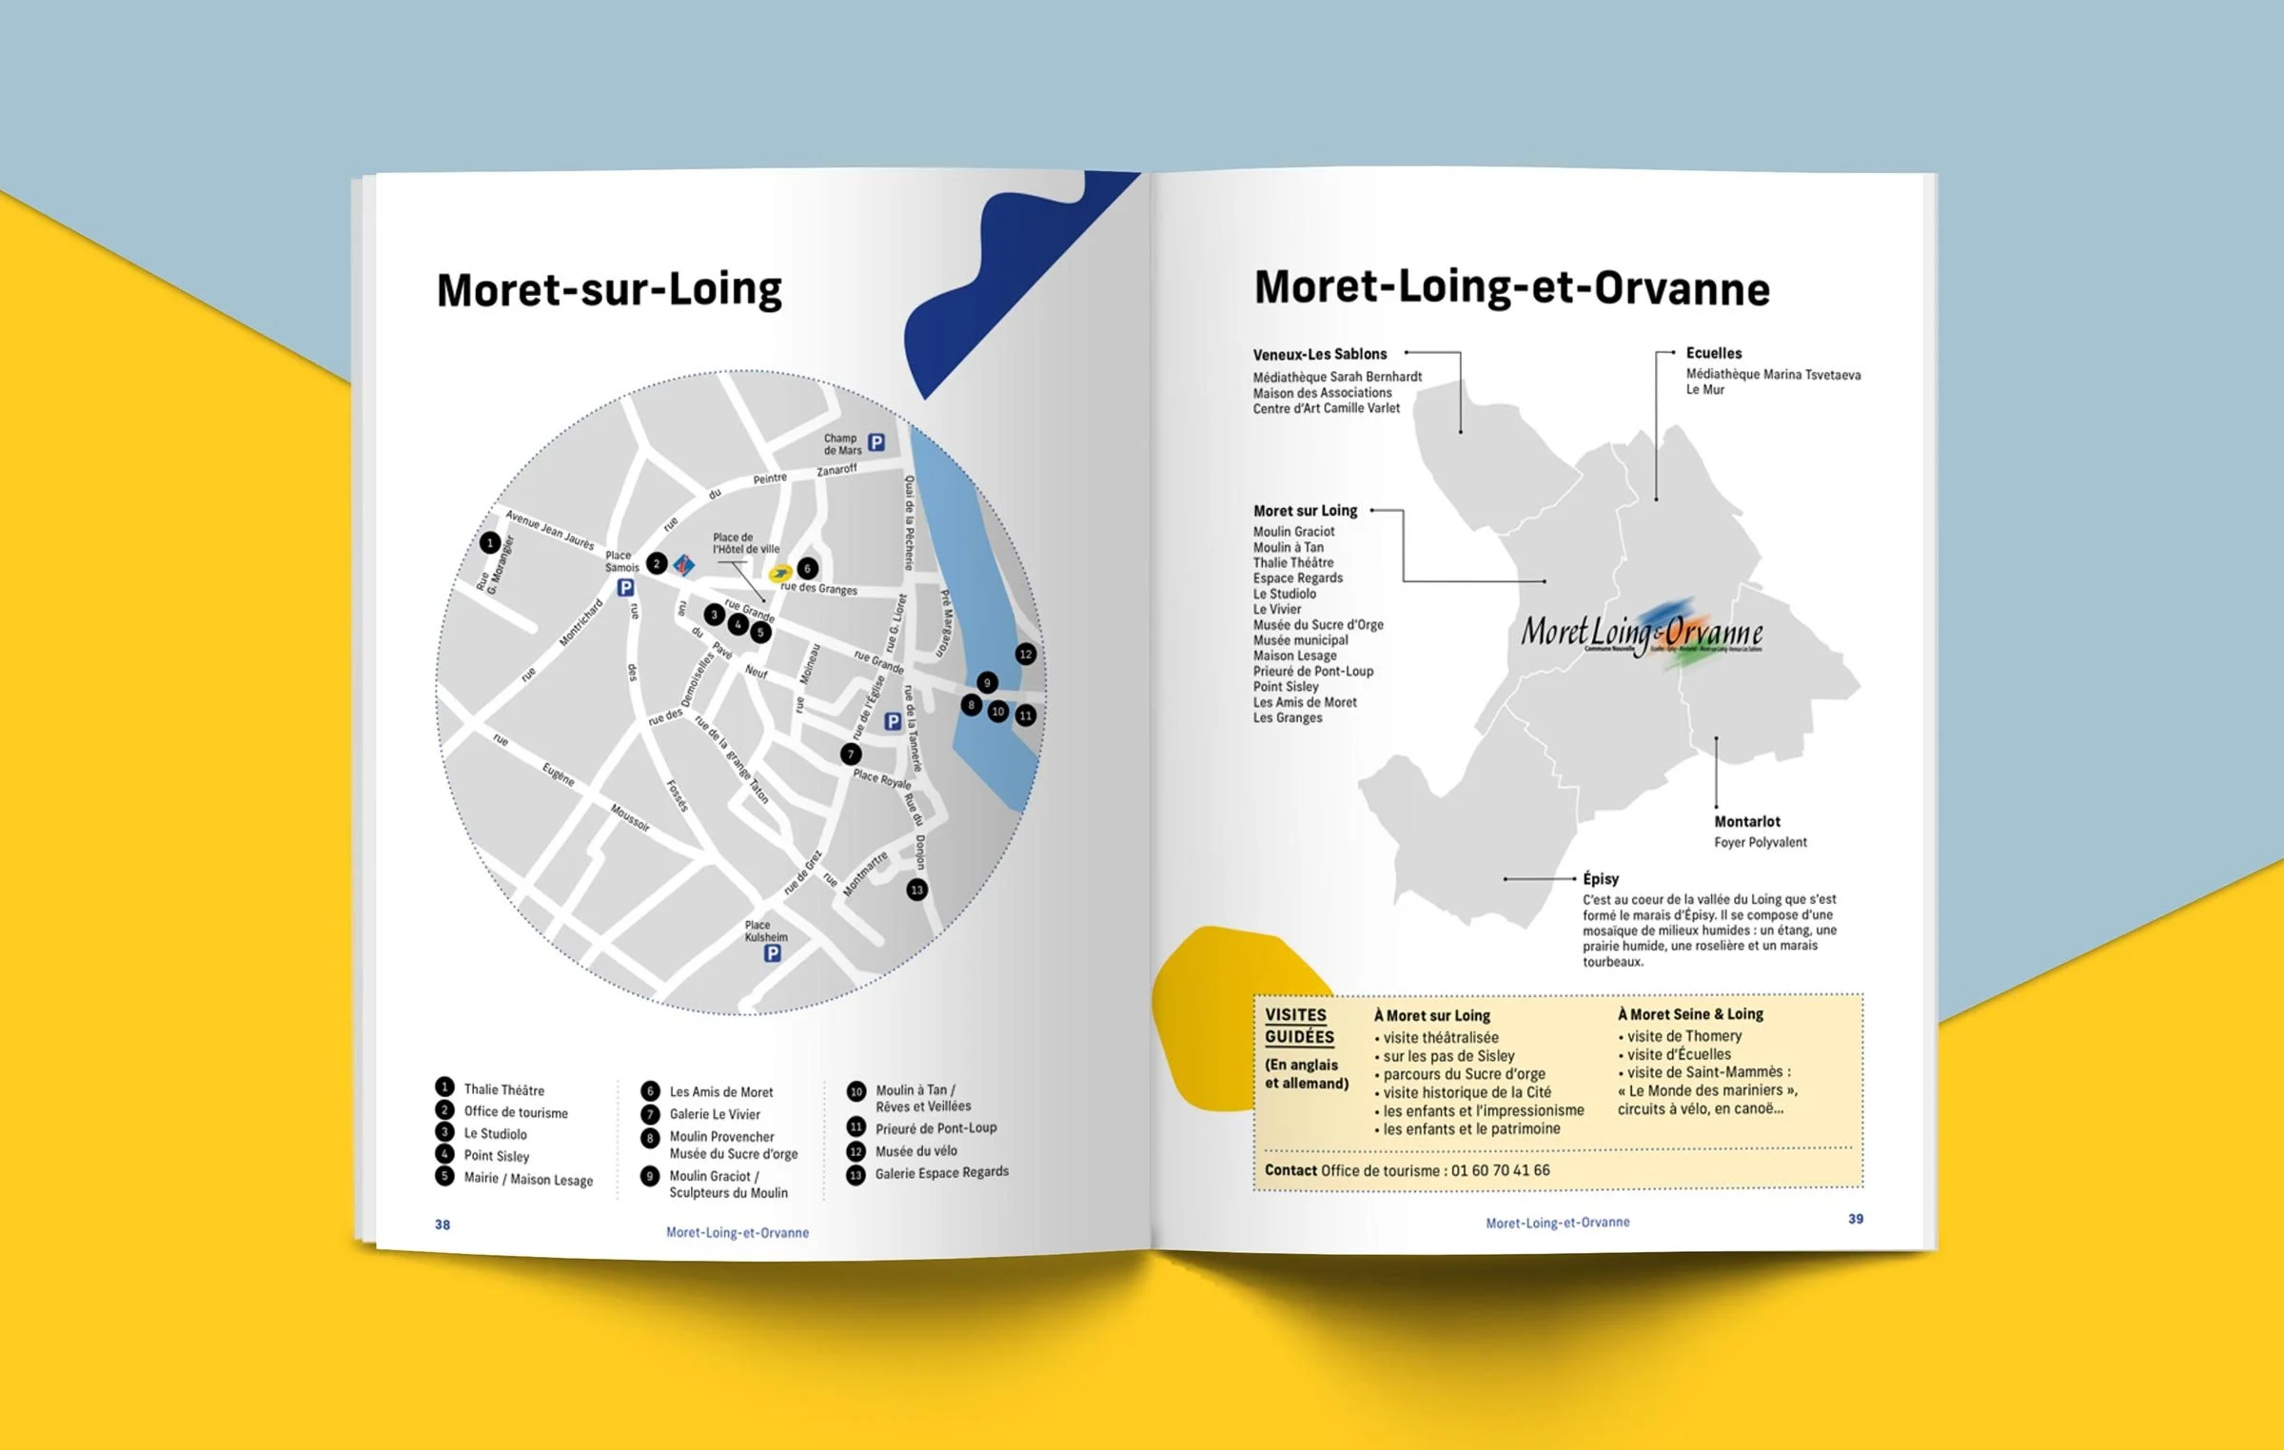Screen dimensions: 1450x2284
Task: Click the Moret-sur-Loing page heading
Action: click(609, 290)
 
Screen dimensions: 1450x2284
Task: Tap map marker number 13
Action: click(916, 890)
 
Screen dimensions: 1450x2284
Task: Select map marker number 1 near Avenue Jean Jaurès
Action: click(490, 542)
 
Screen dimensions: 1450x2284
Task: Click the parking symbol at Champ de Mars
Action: click(876, 442)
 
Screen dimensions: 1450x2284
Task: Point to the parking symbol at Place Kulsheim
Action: click(773, 952)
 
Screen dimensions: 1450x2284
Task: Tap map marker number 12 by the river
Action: click(1025, 654)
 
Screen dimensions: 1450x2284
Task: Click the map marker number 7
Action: click(851, 754)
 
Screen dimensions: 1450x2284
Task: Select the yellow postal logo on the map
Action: click(780, 573)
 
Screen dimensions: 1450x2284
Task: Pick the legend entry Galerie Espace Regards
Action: click(941, 1172)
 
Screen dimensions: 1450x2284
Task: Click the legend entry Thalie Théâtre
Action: click(503, 1089)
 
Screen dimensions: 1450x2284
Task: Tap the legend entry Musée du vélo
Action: click(916, 1150)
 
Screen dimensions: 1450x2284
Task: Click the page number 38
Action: click(443, 1225)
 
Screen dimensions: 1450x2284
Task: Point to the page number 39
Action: click(1856, 1219)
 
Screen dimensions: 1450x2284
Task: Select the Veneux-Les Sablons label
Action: click(1320, 354)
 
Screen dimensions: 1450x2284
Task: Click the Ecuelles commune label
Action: click(1714, 353)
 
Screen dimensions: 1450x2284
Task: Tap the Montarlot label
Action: click(1747, 821)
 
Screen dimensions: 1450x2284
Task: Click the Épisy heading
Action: click(1601, 878)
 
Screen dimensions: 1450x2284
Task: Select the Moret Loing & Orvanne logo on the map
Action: click(1642, 633)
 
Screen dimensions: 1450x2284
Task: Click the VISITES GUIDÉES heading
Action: click(1299, 1026)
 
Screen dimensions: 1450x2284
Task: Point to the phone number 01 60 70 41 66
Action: click(1500, 1170)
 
